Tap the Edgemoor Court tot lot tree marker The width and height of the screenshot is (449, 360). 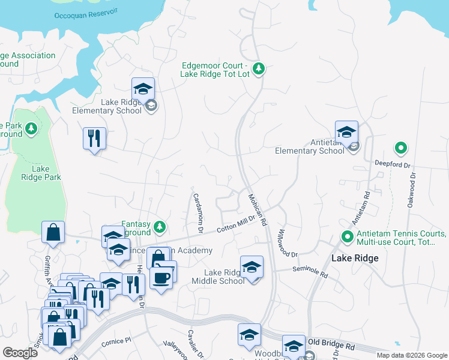259,69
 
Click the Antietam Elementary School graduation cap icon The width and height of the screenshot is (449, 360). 346,133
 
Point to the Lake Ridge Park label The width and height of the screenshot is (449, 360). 40,173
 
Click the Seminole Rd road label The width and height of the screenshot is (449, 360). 310,272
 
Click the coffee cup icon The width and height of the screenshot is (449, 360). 161,278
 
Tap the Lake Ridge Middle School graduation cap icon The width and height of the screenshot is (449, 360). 252,268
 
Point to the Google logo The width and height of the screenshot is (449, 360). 20,353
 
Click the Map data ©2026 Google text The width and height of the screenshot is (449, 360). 411,355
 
